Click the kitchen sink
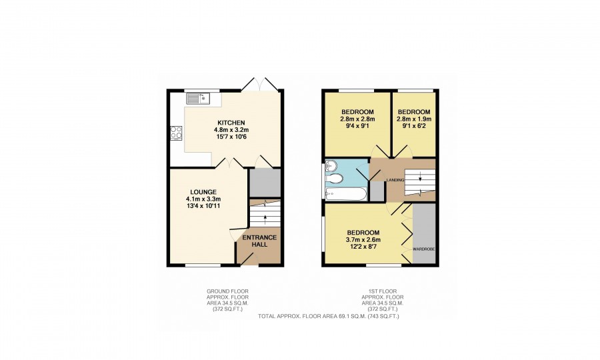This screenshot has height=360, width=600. (x=198, y=98)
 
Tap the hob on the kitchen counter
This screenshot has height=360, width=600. (x=177, y=133)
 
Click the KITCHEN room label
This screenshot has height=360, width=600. (x=231, y=123)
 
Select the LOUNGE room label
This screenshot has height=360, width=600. (x=203, y=192)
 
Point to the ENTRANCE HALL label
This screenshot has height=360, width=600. (x=259, y=241)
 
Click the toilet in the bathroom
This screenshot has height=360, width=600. (x=335, y=179)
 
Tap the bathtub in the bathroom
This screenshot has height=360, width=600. (x=346, y=193)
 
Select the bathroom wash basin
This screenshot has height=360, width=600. (x=331, y=167)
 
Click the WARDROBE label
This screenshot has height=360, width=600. (x=423, y=249)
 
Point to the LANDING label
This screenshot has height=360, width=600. (x=395, y=180)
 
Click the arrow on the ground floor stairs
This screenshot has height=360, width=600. (x=265, y=219)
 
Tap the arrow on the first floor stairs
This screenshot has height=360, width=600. (x=420, y=177)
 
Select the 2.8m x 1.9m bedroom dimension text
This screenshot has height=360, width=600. (x=413, y=119)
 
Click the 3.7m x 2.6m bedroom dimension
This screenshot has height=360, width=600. (x=363, y=240)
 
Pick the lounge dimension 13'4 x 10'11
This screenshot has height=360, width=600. (x=203, y=206)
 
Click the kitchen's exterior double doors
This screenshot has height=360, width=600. (x=260, y=84)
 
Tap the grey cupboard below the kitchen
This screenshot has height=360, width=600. (x=265, y=183)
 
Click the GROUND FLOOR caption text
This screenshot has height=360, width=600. (x=227, y=291)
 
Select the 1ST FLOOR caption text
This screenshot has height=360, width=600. (x=383, y=291)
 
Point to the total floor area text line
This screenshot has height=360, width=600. (x=328, y=317)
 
